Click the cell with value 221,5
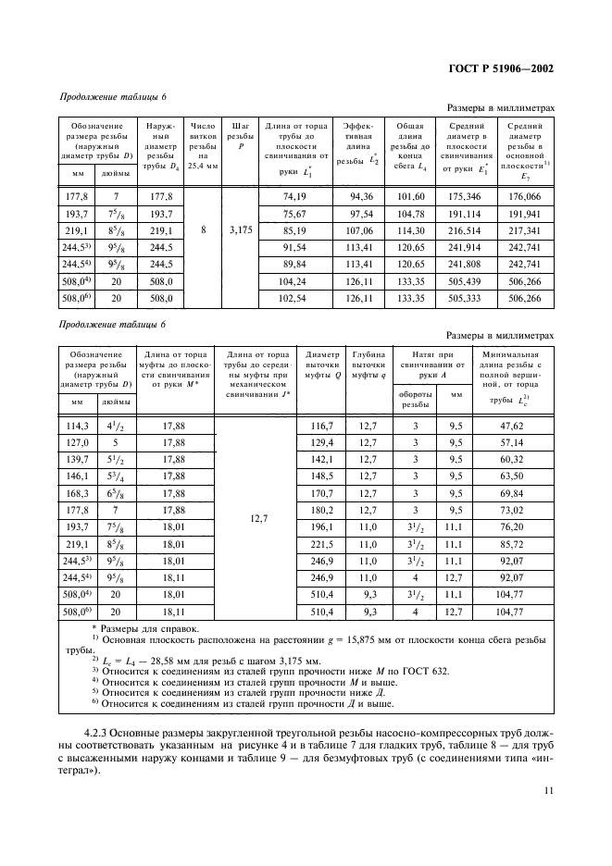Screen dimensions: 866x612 click(x=320, y=545)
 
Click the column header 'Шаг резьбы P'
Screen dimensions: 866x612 click(x=240, y=135)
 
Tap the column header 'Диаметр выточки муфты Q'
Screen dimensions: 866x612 click(x=320, y=365)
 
